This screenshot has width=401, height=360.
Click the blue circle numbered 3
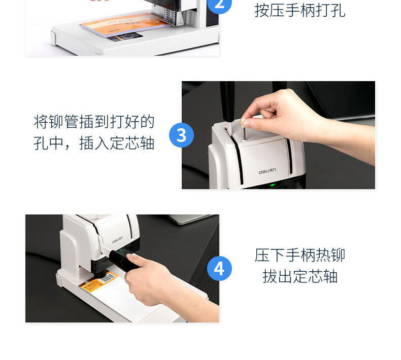(181, 135)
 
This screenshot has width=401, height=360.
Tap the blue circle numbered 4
(219, 269)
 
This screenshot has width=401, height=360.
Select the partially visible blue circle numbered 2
(219, 6)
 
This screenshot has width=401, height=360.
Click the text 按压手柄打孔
(299, 11)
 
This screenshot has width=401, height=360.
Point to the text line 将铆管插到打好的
(94, 121)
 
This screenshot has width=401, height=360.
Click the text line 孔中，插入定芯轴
(94, 142)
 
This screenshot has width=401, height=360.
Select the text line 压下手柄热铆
(299, 255)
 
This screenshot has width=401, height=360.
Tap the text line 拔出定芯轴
(299, 276)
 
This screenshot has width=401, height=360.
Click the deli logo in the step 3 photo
(267, 171)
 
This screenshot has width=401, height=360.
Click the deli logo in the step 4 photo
(118, 240)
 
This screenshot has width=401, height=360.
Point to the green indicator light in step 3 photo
(273, 185)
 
